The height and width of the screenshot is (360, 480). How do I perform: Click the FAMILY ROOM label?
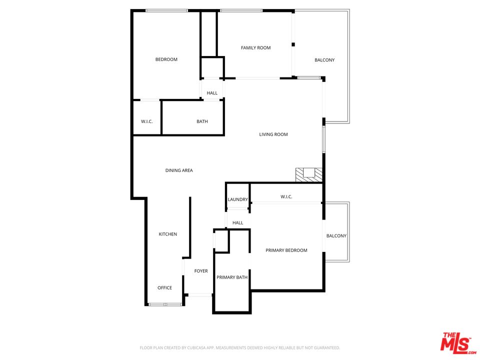pyautogui.click(x=255, y=48)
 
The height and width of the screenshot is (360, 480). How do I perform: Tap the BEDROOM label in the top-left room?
pyautogui.click(x=166, y=59)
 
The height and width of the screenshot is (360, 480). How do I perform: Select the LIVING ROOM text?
pyautogui.click(x=273, y=134)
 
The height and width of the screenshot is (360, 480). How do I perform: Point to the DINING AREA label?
pyautogui.click(x=179, y=170)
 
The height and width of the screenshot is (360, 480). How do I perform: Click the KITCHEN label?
pyautogui.click(x=167, y=234)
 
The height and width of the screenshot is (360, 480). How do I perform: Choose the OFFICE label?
pyautogui.click(x=164, y=287)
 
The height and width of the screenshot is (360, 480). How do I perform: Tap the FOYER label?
pyautogui.click(x=201, y=271)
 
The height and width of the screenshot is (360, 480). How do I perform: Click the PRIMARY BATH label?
pyautogui.click(x=231, y=277)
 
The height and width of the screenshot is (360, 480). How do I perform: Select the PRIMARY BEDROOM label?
pyautogui.click(x=286, y=250)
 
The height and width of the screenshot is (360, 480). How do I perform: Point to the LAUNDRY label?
pyautogui.click(x=237, y=199)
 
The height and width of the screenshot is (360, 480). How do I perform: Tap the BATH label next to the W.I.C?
pyautogui.click(x=202, y=121)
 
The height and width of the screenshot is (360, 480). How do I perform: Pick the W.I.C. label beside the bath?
pyautogui.click(x=146, y=121)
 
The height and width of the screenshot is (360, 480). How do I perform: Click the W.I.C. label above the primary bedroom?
pyautogui.click(x=286, y=196)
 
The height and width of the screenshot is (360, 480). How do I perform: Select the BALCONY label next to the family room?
pyautogui.click(x=324, y=60)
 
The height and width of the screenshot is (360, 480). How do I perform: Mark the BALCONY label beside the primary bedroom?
pyautogui.click(x=336, y=236)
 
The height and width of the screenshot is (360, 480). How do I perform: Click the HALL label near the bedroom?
pyautogui.click(x=212, y=93)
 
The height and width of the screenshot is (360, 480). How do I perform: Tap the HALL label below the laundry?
pyautogui.click(x=237, y=222)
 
